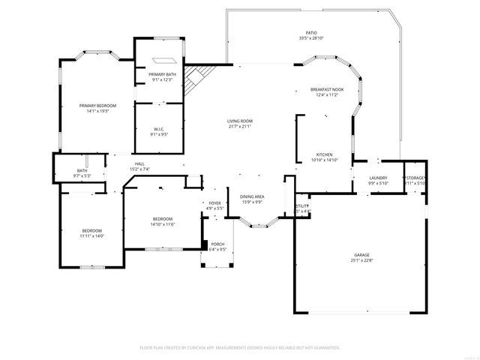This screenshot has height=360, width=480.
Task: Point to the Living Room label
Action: (240, 123)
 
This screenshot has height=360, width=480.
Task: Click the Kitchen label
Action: (324, 156)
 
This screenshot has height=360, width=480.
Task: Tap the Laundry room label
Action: (378, 180)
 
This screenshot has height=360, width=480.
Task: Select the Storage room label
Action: (415, 180)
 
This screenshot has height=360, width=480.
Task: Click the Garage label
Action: (361, 257)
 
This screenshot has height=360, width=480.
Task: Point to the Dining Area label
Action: (251, 198)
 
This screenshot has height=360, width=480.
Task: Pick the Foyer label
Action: (215, 205)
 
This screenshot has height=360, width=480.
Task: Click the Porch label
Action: (217, 247)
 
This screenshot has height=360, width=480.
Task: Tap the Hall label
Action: (139, 166)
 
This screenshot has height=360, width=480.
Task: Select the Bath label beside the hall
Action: (82, 172)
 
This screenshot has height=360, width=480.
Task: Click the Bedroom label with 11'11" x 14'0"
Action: (92, 232)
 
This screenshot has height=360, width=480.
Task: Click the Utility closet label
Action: (301, 208)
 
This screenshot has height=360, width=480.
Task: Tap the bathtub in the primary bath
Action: (163, 61)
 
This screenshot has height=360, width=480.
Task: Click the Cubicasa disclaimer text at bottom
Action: (240, 347)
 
